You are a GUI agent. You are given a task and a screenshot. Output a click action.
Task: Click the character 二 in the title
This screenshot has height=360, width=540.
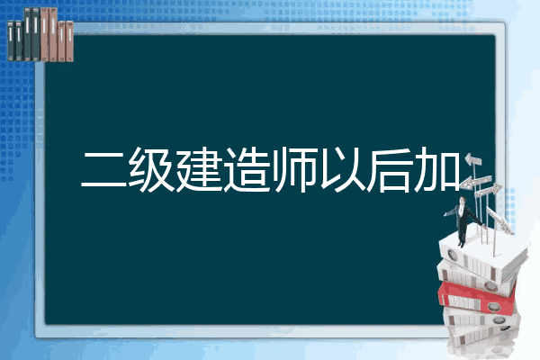coord(104,169)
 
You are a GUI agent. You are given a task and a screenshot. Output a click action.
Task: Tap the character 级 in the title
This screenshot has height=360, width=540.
coord(151,169)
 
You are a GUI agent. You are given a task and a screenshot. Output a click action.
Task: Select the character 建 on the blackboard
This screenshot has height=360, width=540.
coord(199,169)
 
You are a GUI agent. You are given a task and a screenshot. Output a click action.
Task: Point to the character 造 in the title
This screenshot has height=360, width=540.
coord(247,169)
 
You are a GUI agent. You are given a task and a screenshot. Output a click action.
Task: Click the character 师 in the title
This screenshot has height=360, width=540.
coord(293,169)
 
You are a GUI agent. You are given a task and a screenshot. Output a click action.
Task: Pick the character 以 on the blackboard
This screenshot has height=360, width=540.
coord(342,169)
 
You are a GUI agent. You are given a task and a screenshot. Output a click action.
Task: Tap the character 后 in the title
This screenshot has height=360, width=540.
coord(389,169)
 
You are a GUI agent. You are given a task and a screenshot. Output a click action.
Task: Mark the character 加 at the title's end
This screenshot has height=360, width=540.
coord(436,169)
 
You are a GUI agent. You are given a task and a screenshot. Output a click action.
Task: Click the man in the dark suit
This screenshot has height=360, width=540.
coord(463,220)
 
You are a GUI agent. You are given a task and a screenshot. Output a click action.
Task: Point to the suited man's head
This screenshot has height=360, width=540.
coord(463,200)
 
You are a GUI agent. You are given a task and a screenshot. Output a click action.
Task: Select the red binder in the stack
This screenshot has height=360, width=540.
coord(477,297)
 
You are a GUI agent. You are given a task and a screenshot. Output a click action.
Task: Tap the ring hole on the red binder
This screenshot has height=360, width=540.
coord(494,306)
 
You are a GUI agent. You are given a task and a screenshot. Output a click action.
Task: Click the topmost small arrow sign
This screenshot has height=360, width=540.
coord(473,159)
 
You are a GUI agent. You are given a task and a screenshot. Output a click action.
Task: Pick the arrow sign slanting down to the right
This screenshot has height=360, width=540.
coord(499,220)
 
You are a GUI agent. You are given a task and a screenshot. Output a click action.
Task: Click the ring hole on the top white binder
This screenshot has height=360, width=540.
coord(452,256)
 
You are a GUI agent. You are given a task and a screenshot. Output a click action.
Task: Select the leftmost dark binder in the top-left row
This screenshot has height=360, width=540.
coord(11,41)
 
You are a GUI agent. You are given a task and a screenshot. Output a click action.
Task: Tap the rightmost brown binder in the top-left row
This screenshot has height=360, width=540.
coord(69,41)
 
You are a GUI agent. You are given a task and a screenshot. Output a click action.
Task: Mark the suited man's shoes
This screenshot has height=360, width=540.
coord(461,245)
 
